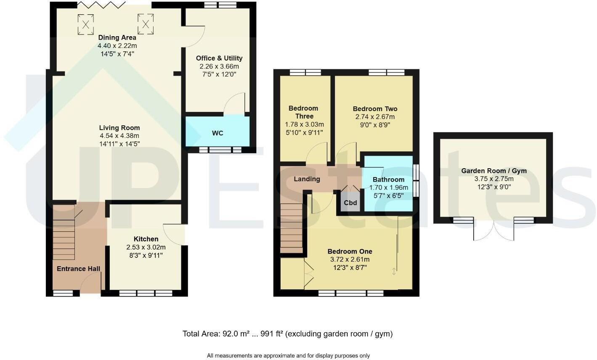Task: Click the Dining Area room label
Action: pyautogui.click(x=117, y=37)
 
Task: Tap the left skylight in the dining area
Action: pyautogui.click(x=85, y=24)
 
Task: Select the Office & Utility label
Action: pyautogui.click(x=219, y=58)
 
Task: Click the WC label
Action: pyautogui.click(x=218, y=133)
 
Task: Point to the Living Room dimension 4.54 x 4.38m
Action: pyautogui.click(x=119, y=136)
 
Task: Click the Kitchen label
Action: pyautogui.click(x=146, y=239)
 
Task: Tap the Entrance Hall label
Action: pyautogui.click(x=78, y=269)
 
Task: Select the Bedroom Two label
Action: pyautogui.click(x=375, y=109)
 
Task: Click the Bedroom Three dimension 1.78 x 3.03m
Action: pyautogui.click(x=304, y=124)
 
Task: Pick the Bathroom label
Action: pyautogui.click(x=388, y=180)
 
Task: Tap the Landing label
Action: pyautogui.click(x=307, y=179)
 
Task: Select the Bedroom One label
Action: pyautogui.click(x=350, y=251)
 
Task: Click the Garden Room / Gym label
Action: pyautogui.click(x=494, y=171)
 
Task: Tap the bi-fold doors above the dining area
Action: pyautogui.click(x=101, y=4)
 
